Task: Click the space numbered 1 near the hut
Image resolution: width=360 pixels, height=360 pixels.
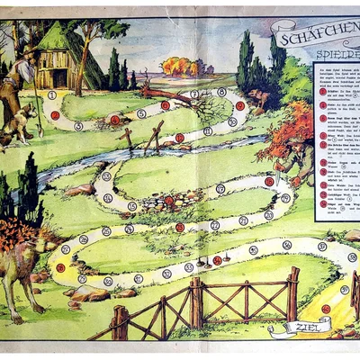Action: [x=52, y=94]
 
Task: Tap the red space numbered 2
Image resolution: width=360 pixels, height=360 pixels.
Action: [x=55, y=114]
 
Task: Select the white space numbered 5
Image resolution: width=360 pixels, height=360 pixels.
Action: [x=141, y=113]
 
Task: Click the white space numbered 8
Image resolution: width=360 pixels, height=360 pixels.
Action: [x=221, y=92]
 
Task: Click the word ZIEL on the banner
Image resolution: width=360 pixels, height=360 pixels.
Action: [x=298, y=327]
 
